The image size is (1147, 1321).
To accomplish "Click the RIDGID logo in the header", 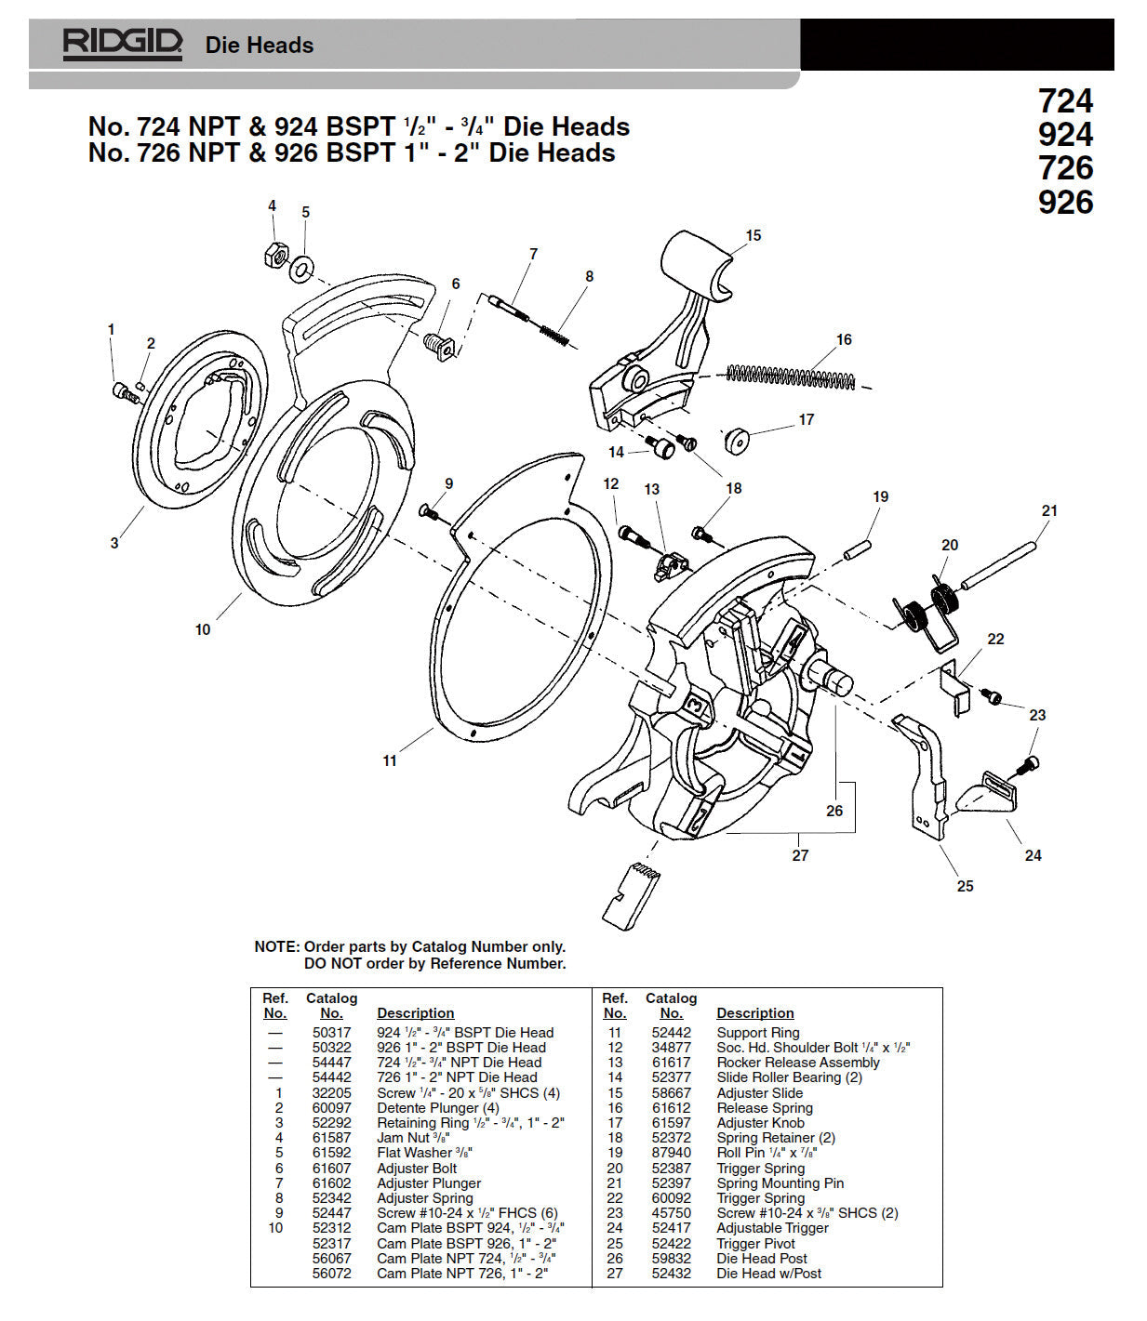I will tap(122, 44).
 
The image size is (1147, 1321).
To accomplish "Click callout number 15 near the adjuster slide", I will tap(754, 236).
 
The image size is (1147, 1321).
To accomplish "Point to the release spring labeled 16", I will tap(790, 376).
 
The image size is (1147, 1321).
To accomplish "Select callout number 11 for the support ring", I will tap(390, 760).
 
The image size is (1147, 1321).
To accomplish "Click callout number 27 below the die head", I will tap(800, 854).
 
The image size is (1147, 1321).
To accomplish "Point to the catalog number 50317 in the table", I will tap(331, 1033).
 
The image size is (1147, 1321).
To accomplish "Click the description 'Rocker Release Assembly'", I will tap(797, 1063).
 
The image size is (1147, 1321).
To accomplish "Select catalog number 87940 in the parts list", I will tap(671, 1153).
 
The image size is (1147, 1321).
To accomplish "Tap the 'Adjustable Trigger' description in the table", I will tap(772, 1228).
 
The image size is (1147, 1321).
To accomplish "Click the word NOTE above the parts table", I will tap(276, 946).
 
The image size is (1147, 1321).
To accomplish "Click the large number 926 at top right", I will tap(1065, 202).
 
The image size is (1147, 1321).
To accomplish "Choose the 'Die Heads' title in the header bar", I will tap(259, 45).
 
